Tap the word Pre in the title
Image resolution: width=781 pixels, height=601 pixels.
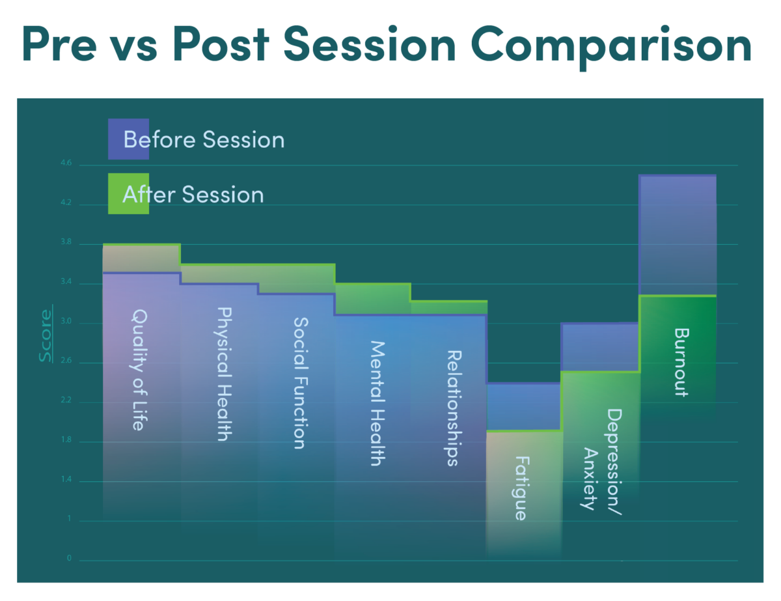point(60,44)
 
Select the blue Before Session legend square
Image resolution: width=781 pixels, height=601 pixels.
point(128,139)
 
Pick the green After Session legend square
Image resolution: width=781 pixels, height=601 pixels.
point(128,194)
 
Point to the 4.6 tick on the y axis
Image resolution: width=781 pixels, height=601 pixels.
point(66,163)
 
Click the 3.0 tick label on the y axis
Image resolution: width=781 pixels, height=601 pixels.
point(66,321)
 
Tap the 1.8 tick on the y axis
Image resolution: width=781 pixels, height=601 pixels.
point(66,440)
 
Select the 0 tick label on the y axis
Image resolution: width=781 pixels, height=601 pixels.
point(69,558)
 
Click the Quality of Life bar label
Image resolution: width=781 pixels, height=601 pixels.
point(139,370)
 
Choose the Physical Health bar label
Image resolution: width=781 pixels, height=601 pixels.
point(225,374)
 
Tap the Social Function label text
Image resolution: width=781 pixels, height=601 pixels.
point(301,383)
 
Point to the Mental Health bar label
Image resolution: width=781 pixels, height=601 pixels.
point(377,404)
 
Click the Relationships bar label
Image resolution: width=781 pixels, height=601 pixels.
point(454,408)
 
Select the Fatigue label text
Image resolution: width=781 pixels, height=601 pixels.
point(521,488)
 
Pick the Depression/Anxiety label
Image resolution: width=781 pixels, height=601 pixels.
point(602,462)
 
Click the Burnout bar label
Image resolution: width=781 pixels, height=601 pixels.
point(681,362)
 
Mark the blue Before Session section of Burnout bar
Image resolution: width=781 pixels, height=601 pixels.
point(678,235)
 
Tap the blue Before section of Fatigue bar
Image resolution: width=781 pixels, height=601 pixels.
point(524,406)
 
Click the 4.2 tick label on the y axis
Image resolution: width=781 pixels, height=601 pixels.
point(66,203)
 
